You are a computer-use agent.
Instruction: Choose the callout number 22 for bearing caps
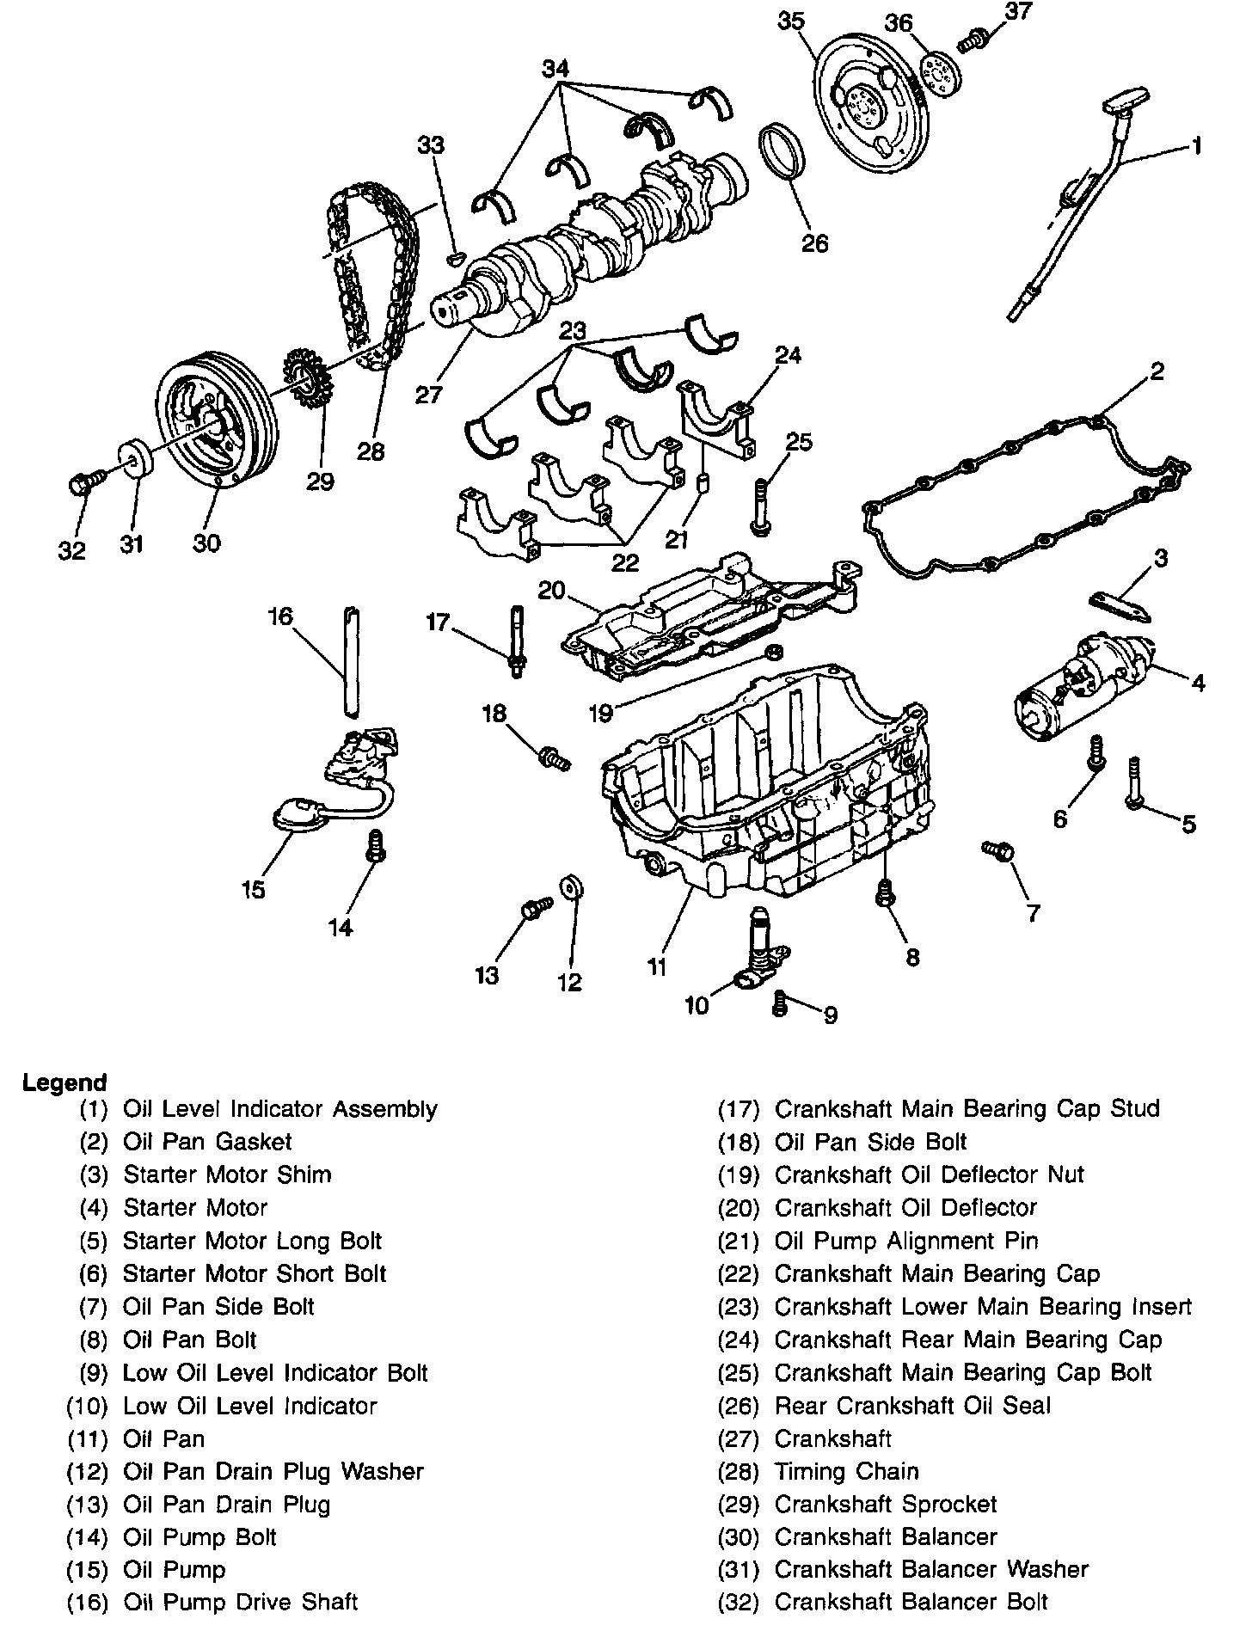pos(625,562)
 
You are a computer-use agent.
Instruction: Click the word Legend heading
pos(64,1082)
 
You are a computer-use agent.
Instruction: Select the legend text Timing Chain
pos(846,1471)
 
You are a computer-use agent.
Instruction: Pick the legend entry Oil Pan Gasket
pos(207,1142)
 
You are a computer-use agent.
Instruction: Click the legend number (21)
pos(739,1241)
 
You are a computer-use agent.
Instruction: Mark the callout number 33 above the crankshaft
pos(431,145)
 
